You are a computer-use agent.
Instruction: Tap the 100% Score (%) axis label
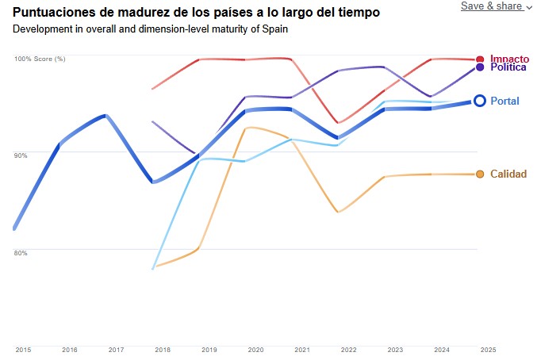[40, 59]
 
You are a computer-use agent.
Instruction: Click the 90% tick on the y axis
[21, 155]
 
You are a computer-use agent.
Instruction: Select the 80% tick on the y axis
[21, 253]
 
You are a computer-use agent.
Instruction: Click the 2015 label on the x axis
[23, 350]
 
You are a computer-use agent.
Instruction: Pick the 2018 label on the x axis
[162, 350]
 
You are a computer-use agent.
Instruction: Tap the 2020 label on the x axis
[255, 350]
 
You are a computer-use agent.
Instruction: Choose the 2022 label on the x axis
[348, 350]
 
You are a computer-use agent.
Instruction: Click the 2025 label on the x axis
[487, 350]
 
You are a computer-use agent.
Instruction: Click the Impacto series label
[509, 59]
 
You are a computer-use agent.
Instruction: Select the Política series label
[508, 67]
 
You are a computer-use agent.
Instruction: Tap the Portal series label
[504, 101]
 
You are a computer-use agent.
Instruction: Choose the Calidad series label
[508, 174]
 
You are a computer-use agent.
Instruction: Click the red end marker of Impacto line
[480, 59]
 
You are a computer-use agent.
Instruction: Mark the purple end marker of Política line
[480, 67]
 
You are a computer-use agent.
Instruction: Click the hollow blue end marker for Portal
[480, 101]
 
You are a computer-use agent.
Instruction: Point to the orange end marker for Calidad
[480, 174]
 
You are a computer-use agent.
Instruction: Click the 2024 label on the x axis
[441, 350]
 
